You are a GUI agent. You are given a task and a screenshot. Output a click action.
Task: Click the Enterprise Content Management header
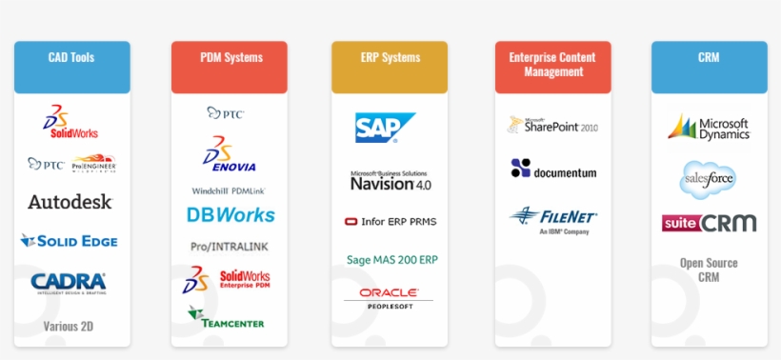click(x=552, y=66)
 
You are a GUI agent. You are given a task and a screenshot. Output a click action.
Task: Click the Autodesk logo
click(x=70, y=202)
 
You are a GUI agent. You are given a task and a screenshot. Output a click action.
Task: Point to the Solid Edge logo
click(x=69, y=241)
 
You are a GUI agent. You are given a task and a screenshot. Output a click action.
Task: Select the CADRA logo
click(x=69, y=282)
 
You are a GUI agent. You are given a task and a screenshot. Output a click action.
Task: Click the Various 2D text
click(x=69, y=327)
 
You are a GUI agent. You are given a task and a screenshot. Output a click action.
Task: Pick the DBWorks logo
click(x=230, y=215)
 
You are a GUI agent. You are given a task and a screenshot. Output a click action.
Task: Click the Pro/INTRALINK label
click(x=229, y=247)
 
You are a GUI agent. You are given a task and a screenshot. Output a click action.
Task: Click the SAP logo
click(x=385, y=128)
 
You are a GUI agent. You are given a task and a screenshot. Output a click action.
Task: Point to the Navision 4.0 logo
click(x=390, y=181)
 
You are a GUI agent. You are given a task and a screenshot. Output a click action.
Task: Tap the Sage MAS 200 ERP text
click(x=391, y=259)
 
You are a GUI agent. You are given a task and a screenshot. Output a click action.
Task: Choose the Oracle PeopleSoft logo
click(x=389, y=297)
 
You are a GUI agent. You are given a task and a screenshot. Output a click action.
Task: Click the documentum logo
click(x=553, y=170)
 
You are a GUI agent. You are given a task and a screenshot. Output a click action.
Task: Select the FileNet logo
click(x=553, y=219)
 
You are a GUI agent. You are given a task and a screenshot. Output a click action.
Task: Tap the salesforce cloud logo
click(x=708, y=178)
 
